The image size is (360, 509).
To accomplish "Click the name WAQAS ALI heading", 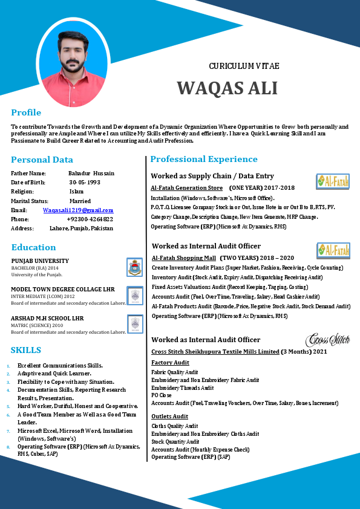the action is pos(227,88).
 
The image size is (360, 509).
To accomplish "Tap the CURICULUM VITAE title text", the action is pos(244,66).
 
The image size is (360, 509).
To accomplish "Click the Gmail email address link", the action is pos(78,210).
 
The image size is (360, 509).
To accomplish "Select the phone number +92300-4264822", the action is pos(90,219).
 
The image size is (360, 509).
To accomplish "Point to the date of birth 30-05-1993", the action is pos(85,182).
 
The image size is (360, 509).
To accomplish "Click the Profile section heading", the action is pos(26,112).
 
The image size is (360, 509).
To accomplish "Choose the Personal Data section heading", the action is pos(42,160).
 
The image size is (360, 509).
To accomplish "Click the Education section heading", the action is pos(33,247).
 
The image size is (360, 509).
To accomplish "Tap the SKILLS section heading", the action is pos(26,350).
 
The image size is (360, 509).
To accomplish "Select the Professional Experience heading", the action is pos(204,159).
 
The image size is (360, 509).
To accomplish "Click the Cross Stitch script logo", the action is pos(328,340).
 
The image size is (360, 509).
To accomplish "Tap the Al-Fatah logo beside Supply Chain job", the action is pos(333,181).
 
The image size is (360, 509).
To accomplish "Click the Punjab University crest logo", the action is pos(134,267).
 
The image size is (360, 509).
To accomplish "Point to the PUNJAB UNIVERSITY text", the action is pos(40,261).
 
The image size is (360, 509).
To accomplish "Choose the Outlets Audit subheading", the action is pos(169,417).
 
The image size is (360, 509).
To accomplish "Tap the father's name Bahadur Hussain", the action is pos(91,173).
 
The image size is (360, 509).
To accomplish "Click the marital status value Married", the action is pos(80,201).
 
